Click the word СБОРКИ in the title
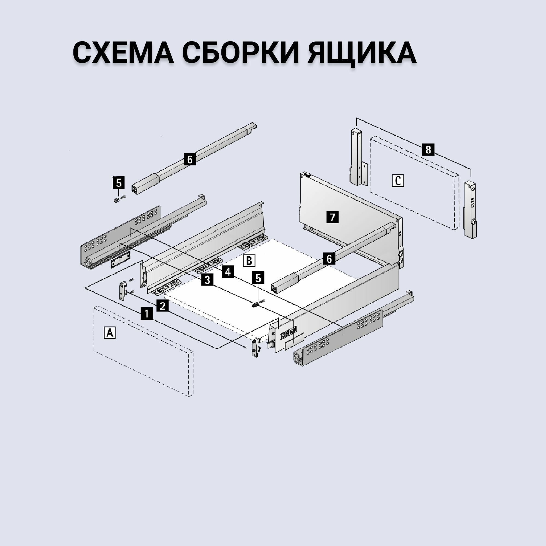coord(240,53)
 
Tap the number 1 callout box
coord(147,313)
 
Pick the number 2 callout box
coord(162,305)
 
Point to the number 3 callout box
coord(207,280)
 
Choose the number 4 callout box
coord(228,272)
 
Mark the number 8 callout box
coord(428,149)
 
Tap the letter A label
coord(110,333)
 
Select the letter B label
coord(249,260)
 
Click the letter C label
coord(398,180)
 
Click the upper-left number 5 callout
coord(119,183)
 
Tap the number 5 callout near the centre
coord(258,278)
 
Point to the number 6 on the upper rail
coord(190,159)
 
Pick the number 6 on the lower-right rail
coord(329,259)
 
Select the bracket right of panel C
coord(470,209)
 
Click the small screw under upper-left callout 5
coord(117,200)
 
